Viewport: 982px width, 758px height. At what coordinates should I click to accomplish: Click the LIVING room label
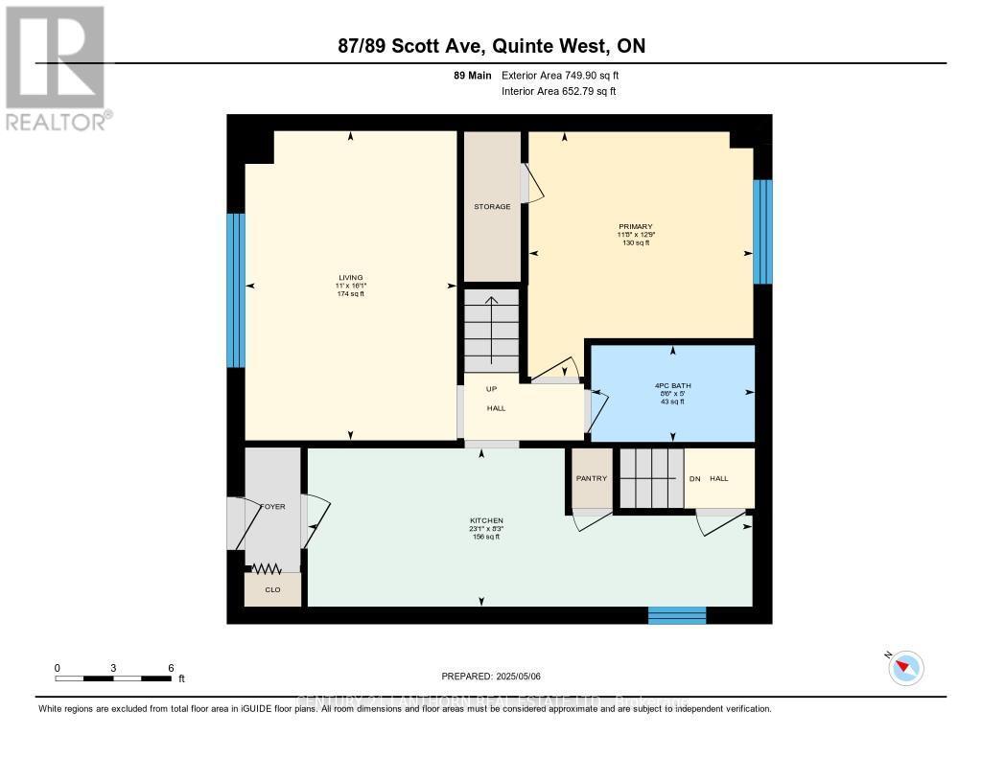[350, 278]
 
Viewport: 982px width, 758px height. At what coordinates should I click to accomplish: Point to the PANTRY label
[591, 478]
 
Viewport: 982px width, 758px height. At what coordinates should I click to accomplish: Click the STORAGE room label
[492, 207]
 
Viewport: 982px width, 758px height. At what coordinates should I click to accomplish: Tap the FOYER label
[272, 507]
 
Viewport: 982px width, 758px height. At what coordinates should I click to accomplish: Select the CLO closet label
[272, 589]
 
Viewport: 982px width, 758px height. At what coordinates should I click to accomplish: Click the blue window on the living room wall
[236, 290]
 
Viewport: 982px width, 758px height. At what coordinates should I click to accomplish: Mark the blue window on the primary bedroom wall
[762, 232]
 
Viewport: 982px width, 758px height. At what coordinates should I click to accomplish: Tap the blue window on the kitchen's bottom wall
[677, 615]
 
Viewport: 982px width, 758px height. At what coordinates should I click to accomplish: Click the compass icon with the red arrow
[906, 668]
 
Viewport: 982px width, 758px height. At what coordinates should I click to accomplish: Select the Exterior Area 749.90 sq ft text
[567, 75]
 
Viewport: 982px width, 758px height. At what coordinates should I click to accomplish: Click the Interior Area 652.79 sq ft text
[558, 92]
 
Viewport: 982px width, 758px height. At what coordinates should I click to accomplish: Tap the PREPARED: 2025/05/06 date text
[491, 677]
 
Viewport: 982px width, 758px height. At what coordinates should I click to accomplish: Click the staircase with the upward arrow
[491, 331]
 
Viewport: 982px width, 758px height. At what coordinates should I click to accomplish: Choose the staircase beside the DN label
[650, 478]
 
